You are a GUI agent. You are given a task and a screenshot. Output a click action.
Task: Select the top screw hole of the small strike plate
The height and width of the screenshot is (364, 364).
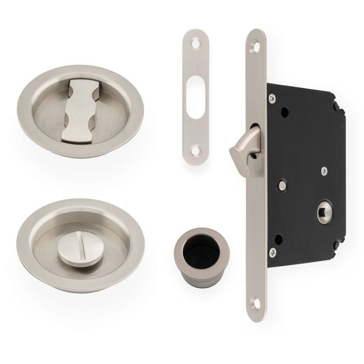click(x=195, y=44)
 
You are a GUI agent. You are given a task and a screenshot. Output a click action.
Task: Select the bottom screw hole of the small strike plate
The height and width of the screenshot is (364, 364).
click(x=195, y=151)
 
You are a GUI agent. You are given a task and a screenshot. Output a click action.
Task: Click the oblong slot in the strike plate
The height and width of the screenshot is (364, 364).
click(x=195, y=97)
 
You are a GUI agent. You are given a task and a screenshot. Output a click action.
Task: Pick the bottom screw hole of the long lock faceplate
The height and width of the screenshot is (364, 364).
click(x=255, y=303)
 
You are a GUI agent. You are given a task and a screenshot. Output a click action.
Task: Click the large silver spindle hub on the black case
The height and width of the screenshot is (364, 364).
click(x=323, y=214)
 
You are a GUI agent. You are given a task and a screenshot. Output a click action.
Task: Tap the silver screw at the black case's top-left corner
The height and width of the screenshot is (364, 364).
click(x=272, y=98)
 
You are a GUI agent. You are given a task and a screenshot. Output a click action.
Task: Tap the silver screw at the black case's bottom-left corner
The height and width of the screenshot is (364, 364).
click(x=272, y=253)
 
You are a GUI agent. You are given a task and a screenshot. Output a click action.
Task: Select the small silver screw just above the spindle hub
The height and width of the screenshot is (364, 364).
click(x=324, y=170)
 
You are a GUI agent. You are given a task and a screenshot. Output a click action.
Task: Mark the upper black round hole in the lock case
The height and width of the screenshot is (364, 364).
click(x=285, y=111)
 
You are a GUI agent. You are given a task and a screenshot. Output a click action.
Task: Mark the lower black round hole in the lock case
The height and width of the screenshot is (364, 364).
click(x=279, y=239)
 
